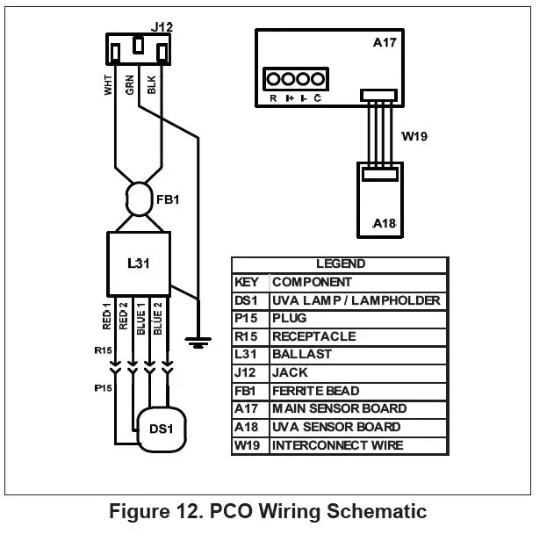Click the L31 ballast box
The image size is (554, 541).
pyautogui.click(x=138, y=263)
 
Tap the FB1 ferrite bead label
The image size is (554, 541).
pyautogui.click(x=169, y=199)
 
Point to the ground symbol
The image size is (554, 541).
pyautogui.click(x=201, y=342)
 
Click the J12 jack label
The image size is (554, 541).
pyautogui.click(x=162, y=26)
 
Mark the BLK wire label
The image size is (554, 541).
pyautogui.click(x=152, y=85)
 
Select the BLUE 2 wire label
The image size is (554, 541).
pyautogui.click(x=158, y=317)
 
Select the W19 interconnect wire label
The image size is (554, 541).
pyautogui.click(x=414, y=137)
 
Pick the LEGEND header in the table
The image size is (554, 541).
pyautogui.click(x=340, y=263)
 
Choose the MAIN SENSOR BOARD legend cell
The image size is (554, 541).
pyautogui.click(x=339, y=408)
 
